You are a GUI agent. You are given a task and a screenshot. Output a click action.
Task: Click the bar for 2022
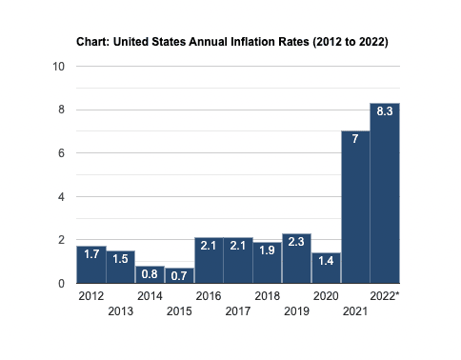click(385, 193)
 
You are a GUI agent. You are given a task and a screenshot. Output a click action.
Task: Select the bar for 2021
click(355, 207)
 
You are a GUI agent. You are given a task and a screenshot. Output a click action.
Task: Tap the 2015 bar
click(179, 275)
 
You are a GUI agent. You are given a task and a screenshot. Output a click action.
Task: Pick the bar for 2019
click(296, 258)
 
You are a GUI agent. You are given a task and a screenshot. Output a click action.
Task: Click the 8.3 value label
click(385, 111)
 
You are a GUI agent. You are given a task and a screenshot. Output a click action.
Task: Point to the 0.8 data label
click(150, 274)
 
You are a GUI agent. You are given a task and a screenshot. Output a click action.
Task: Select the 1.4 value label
click(326, 261)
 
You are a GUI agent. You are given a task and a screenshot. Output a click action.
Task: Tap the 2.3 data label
click(296, 242)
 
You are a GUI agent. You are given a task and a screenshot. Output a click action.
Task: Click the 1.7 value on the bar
click(91, 254)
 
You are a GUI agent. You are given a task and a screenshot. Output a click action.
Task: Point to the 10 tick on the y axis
click(59, 67)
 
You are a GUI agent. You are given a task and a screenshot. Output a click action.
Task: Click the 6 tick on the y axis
click(61, 153)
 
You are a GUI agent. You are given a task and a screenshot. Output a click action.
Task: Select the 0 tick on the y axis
click(61, 284)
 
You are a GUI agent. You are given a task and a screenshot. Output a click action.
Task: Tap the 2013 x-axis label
click(121, 311)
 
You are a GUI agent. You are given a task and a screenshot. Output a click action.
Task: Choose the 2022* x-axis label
click(385, 296)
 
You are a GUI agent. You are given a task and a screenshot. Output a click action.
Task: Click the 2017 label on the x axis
click(238, 311)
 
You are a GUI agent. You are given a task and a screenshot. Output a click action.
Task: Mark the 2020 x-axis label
click(326, 296)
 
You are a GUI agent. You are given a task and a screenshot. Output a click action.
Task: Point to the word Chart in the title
click(92, 42)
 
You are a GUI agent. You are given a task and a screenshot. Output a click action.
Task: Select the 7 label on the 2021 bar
click(355, 139)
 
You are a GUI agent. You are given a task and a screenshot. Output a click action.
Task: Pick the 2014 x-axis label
click(150, 296)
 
